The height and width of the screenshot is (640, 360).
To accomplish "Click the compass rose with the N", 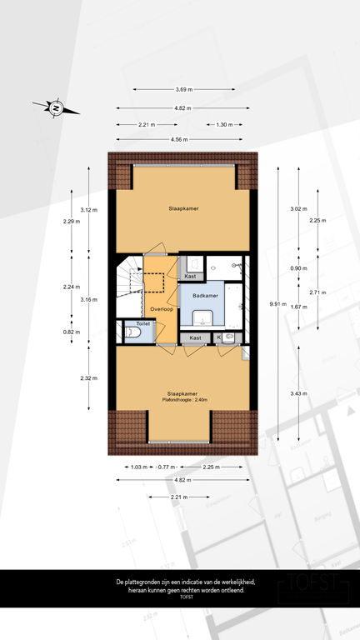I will [x=56, y=107].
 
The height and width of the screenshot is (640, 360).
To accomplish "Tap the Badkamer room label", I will [x=205, y=296].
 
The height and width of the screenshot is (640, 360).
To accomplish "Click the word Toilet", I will [x=142, y=322].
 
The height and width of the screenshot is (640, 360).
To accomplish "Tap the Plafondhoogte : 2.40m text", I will [x=183, y=400].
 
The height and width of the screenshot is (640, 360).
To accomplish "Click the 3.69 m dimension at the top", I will [x=183, y=90].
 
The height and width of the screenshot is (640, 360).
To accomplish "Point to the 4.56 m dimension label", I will [x=180, y=139].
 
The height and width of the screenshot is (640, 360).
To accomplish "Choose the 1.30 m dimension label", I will [x=224, y=124].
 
